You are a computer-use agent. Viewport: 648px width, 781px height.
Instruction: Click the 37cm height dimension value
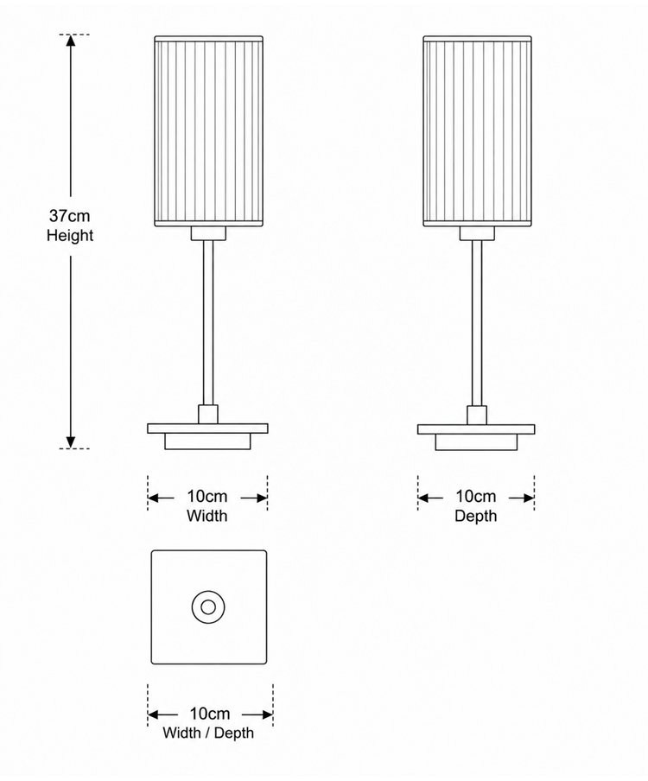70,216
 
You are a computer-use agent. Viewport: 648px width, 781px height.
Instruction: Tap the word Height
70,235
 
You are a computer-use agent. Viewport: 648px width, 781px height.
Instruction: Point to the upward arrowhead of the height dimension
71,41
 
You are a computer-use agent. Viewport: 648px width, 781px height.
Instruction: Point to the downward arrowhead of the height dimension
71,442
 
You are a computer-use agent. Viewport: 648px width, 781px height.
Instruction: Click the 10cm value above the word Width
207,496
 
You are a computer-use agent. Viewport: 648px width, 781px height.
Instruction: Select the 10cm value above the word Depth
476,496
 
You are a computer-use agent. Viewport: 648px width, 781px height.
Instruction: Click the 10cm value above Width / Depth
210,714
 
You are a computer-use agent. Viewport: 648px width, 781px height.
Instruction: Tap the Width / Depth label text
208,733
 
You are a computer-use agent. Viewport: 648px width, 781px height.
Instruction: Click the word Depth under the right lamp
476,516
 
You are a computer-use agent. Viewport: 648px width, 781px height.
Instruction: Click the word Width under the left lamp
207,516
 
